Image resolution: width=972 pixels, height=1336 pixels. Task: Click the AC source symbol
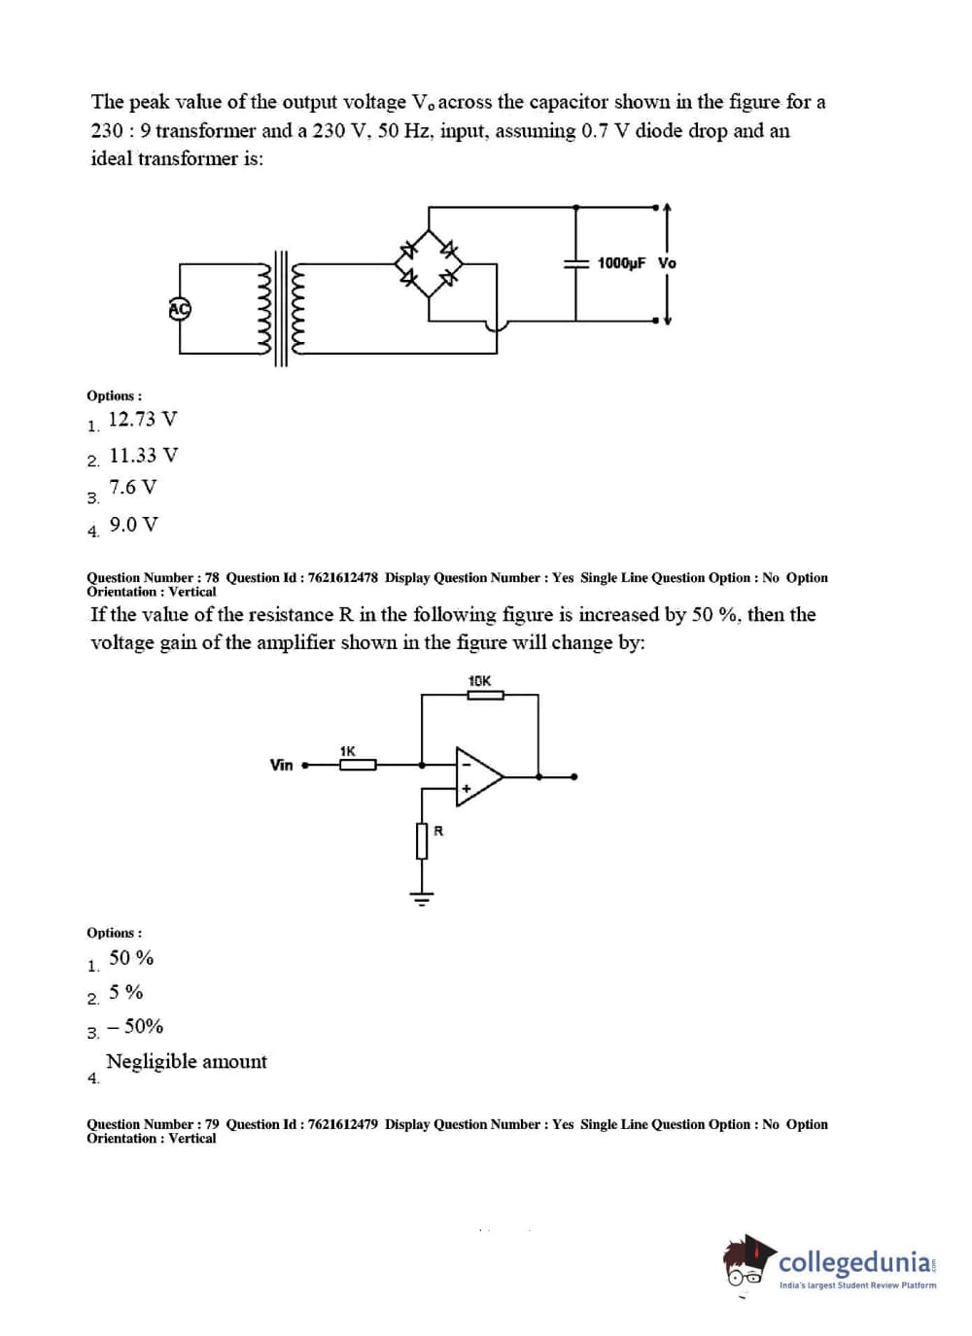pos(180,309)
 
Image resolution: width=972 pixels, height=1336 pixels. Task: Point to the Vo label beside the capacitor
pos(667,263)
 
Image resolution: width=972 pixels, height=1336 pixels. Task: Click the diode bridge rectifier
pos(428,262)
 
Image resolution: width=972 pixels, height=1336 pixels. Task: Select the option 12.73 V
pos(142,420)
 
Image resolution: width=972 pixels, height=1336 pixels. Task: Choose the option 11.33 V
pos(143,456)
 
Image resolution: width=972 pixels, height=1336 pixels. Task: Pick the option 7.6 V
pos(132,488)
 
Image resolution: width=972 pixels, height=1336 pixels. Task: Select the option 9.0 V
pos(133,525)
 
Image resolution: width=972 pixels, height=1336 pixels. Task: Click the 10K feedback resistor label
pos(479,681)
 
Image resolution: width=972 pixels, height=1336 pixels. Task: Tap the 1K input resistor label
pos(348,751)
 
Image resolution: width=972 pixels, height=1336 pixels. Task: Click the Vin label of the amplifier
pos(281,766)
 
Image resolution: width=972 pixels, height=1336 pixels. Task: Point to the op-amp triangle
pos(478,776)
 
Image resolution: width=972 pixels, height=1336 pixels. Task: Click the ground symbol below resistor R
pos(422,899)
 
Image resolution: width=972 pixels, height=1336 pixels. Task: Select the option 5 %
pos(125,992)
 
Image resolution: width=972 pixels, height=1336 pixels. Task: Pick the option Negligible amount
pos(186,1061)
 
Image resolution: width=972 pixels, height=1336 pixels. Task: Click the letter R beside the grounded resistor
pos(438,831)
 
